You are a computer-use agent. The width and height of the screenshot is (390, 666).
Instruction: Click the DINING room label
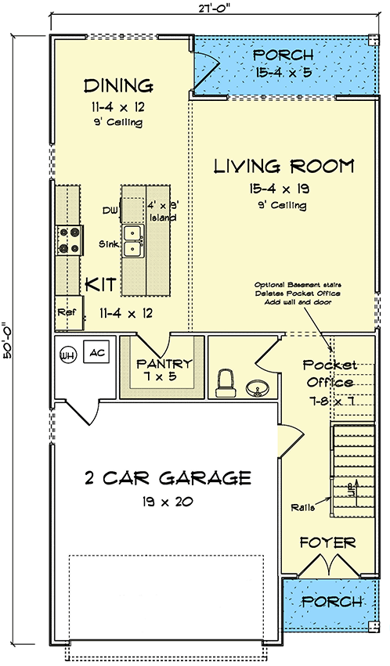[118, 86]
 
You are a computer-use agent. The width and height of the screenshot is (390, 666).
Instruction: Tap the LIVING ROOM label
[283, 166]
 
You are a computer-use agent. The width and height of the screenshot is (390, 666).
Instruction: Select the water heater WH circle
[67, 354]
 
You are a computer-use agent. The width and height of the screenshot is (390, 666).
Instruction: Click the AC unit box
[96, 351]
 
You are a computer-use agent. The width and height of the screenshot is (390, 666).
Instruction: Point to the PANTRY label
[164, 364]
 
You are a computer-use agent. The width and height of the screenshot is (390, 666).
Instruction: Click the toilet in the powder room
[226, 383]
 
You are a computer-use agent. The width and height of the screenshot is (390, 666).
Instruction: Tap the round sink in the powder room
[257, 388]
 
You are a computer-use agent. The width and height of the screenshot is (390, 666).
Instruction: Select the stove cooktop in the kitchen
[69, 240]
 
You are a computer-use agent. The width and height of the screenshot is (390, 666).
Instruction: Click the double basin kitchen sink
[133, 241]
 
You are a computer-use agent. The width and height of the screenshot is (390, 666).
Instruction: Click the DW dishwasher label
[108, 210]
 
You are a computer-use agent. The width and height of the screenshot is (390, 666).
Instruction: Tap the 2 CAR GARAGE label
[168, 478]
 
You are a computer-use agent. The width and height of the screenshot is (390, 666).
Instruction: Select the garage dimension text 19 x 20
[168, 502]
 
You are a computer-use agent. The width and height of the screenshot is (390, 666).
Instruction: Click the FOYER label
[327, 542]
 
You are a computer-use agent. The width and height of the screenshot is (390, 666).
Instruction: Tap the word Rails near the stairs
[302, 507]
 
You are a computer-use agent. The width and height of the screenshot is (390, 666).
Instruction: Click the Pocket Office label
[329, 373]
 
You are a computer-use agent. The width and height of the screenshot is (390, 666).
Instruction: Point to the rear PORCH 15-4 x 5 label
[283, 63]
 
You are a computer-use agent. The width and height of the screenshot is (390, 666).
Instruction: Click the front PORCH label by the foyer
[332, 601]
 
